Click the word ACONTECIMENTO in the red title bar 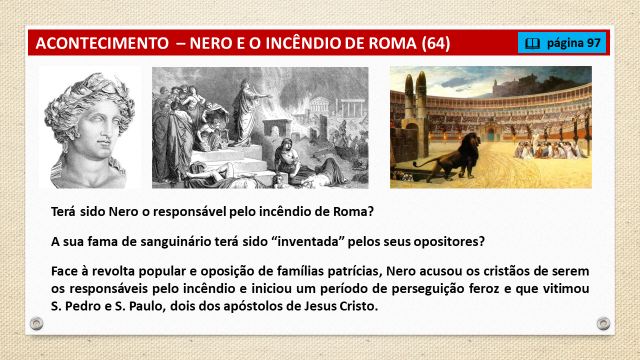[x=102, y=43]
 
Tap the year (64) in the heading [x=435, y=43]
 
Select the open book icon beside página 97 [x=532, y=43]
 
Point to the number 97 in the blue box [x=593, y=43]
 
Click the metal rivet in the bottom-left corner [x=36, y=323]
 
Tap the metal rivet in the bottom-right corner [x=603, y=323]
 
